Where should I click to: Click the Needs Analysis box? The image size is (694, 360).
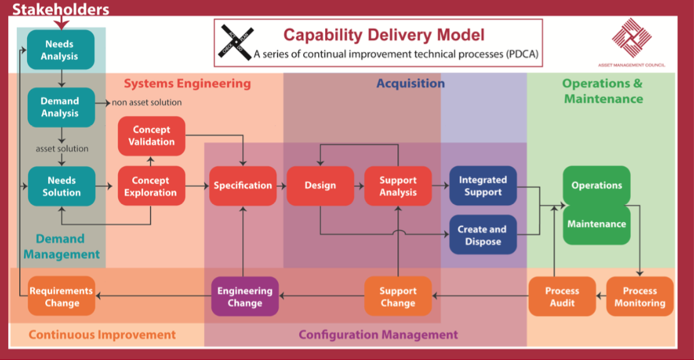coord(60,50)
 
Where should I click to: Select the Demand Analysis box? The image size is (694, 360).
coord(60,107)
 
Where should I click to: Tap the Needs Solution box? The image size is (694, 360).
coord(61,186)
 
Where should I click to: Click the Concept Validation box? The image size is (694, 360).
coord(152,135)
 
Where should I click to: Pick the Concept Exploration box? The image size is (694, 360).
coord(151,186)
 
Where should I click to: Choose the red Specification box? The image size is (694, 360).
coord(243,186)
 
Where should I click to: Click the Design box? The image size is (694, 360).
coord(320,186)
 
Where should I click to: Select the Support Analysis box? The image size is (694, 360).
coord(398,186)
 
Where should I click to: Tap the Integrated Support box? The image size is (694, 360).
coord(483,186)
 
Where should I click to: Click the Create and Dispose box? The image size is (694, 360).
coord(483,235)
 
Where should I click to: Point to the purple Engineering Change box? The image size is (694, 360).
coord(245,297)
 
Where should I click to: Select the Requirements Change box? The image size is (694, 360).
coord(61,297)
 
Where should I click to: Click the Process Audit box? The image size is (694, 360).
coord(562,297)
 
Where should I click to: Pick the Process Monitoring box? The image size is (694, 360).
coord(639,297)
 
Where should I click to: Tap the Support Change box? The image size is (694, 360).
coord(398,297)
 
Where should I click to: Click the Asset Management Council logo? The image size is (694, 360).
coord(631,40)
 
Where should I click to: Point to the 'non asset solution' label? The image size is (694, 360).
coord(147,102)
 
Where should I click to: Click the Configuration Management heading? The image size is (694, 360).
coord(378,334)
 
